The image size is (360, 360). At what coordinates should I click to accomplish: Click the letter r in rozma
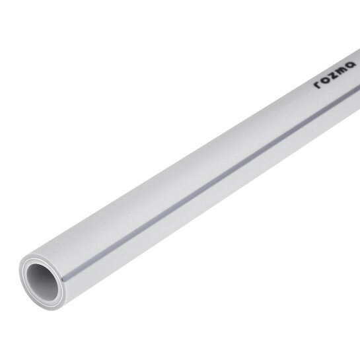point(318,85)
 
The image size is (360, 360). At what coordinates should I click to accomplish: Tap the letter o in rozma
point(326,79)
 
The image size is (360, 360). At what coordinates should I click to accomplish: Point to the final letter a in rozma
point(351,65)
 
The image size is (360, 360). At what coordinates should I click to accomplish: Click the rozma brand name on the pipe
point(335,75)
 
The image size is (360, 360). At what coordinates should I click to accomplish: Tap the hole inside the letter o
point(326,79)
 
